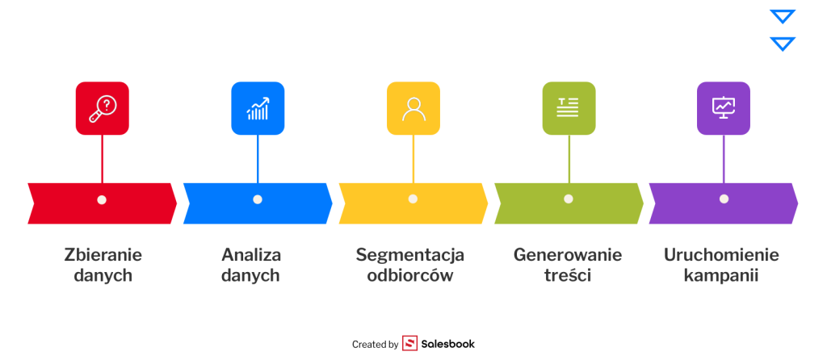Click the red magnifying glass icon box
pos(102,108)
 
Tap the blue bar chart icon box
pos(258,108)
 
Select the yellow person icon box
pos(413,108)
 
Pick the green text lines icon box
pos(569,108)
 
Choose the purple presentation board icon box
pos(724,108)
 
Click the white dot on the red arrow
pos(102,199)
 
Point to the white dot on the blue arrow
pos(258,199)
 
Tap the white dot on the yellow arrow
pos(413,199)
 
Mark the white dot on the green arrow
pos(569,199)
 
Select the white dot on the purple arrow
pos(724,199)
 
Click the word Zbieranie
pos(103,255)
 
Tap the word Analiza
pos(251,255)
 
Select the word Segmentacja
pos(410,255)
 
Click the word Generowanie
pos(568,255)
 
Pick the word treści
pos(568,275)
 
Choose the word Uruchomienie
pos(721,255)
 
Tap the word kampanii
pos(721,275)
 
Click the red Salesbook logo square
pos(409,344)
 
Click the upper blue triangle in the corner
pos(783,16)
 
